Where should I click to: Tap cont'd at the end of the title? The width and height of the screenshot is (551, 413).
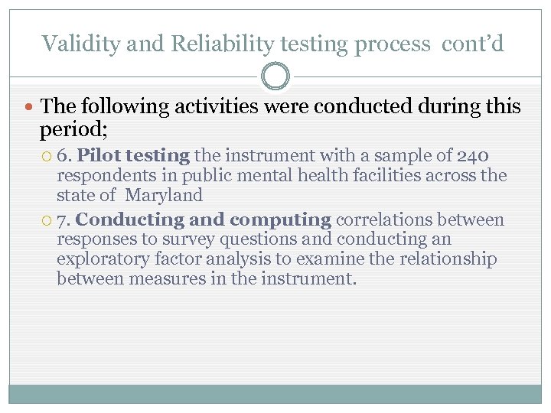click(473, 44)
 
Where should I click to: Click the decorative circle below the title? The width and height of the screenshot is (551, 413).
click(275, 76)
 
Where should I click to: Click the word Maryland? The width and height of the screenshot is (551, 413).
click(164, 196)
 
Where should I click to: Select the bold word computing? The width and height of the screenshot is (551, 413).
click(280, 220)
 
